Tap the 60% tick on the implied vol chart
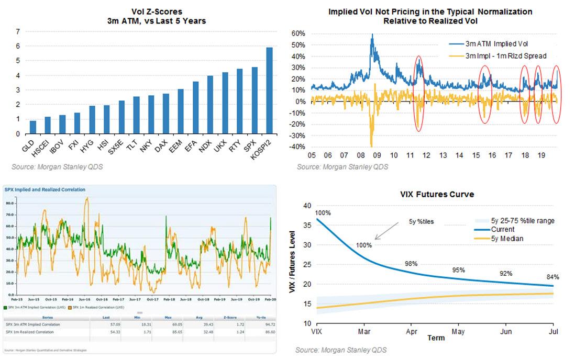pyautogui.click(x=297, y=33)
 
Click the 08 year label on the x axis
pyautogui.click(x=361, y=155)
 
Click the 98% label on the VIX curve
pyautogui.click(x=411, y=264)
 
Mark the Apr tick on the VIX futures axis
pyautogui.click(x=411, y=331)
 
